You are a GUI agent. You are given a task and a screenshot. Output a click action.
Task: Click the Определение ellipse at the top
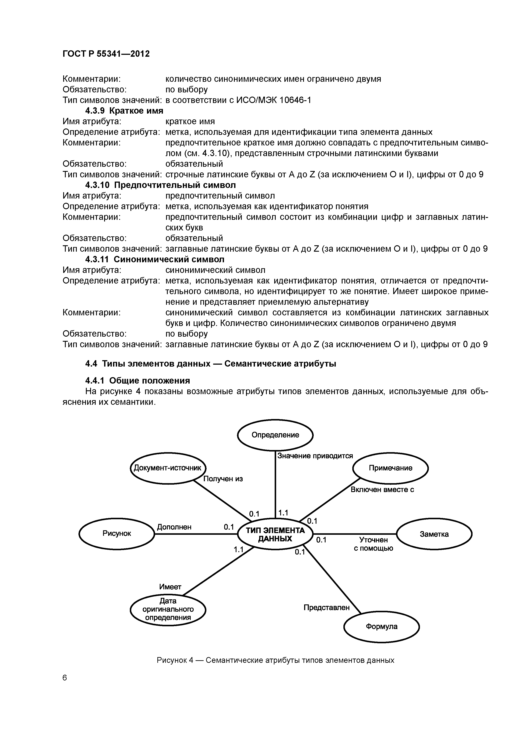click(275, 435)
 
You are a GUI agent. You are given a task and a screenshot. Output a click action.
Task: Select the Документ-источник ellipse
click(168, 468)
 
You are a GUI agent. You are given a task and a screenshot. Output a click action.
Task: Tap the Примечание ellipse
click(390, 468)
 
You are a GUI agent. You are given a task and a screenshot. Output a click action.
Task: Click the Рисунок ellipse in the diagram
click(117, 533)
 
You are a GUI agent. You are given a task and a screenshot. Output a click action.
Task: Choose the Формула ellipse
click(381, 626)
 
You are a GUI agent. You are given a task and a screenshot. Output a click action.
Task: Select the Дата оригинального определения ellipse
click(168, 609)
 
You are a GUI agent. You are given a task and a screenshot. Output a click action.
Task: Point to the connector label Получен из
click(223, 479)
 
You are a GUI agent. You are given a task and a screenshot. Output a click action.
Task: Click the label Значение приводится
click(315, 456)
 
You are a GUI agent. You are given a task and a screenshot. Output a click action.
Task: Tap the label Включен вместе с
click(382, 490)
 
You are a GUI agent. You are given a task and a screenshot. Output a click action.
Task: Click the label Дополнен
click(174, 527)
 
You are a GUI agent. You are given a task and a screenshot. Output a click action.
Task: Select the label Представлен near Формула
click(326, 607)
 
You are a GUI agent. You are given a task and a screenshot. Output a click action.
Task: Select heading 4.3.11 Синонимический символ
click(155, 259)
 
